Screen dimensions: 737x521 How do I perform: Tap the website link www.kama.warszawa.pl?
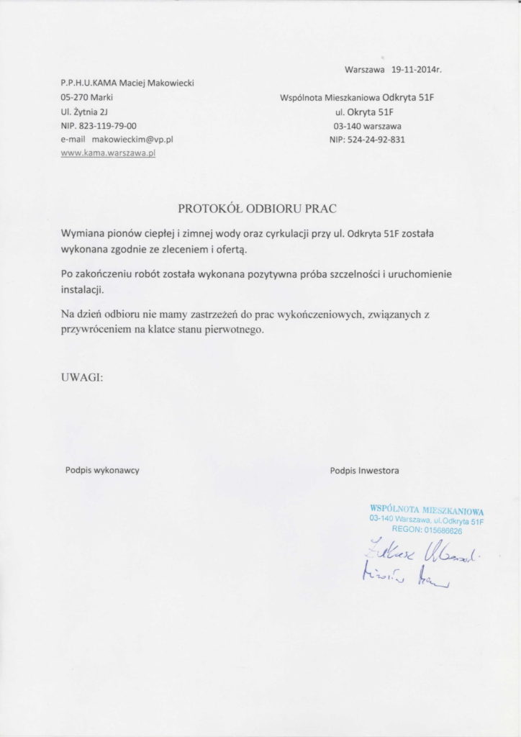coord(108,153)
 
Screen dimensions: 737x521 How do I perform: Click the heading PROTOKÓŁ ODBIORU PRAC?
coord(257,209)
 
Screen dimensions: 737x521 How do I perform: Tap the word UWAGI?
coord(83,375)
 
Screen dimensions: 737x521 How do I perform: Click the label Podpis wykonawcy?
coord(102,469)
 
